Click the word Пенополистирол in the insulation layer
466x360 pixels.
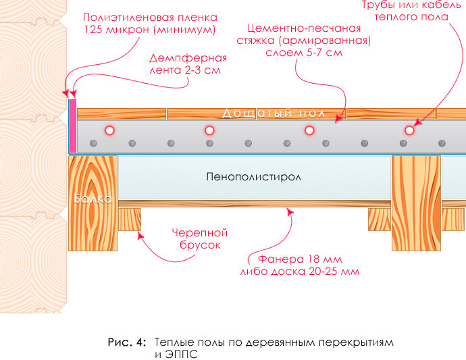click(x=253, y=177)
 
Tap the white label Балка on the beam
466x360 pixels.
click(x=93, y=199)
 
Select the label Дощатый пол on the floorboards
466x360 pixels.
click(x=274, y=113)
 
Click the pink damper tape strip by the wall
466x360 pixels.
click(x=73, y=126)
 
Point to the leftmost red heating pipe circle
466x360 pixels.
click(x=109, y=130)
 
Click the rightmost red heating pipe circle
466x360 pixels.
click(x=409, y=130)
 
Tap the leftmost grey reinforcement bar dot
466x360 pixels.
click(x=93, y=143)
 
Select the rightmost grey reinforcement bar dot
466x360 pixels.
click(x=442, y=143)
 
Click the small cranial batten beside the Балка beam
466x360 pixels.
click(x=130, y=220)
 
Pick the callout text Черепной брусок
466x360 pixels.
click(x=200, y=238)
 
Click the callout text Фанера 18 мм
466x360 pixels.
click(x=300, y=259)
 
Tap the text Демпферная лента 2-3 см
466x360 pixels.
click(x=188, y=64)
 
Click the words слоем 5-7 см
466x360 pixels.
click(x=304, y=53)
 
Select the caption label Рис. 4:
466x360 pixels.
click(x=127, y=342)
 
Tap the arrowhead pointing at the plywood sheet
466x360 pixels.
click(x=290, y=211)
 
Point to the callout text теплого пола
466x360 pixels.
click(x=411, y=17)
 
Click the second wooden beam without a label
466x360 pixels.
click(x=416, y=203)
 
